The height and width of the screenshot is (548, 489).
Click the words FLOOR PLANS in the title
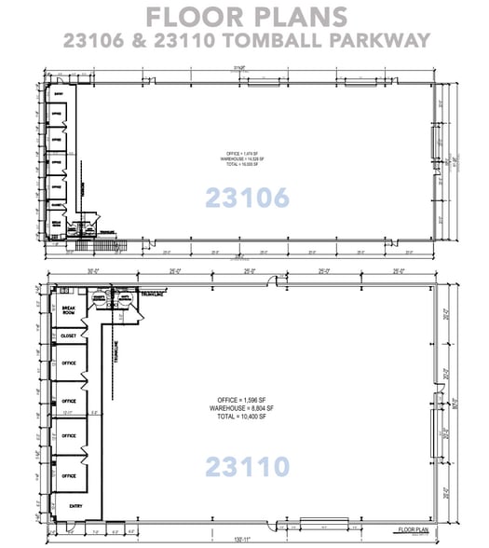(x=244, y=16)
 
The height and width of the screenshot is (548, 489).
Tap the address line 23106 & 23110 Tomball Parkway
(x=244, y=40)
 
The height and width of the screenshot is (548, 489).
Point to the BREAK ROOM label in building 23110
(x=68, y=310)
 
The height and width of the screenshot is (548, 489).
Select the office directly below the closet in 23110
(x=68, y=363)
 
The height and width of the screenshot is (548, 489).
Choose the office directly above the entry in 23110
(x=68, y=475)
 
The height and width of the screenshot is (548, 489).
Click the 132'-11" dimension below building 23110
(x=244, y=538)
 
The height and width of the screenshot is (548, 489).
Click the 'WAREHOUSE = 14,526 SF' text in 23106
(x=244, y=159)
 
